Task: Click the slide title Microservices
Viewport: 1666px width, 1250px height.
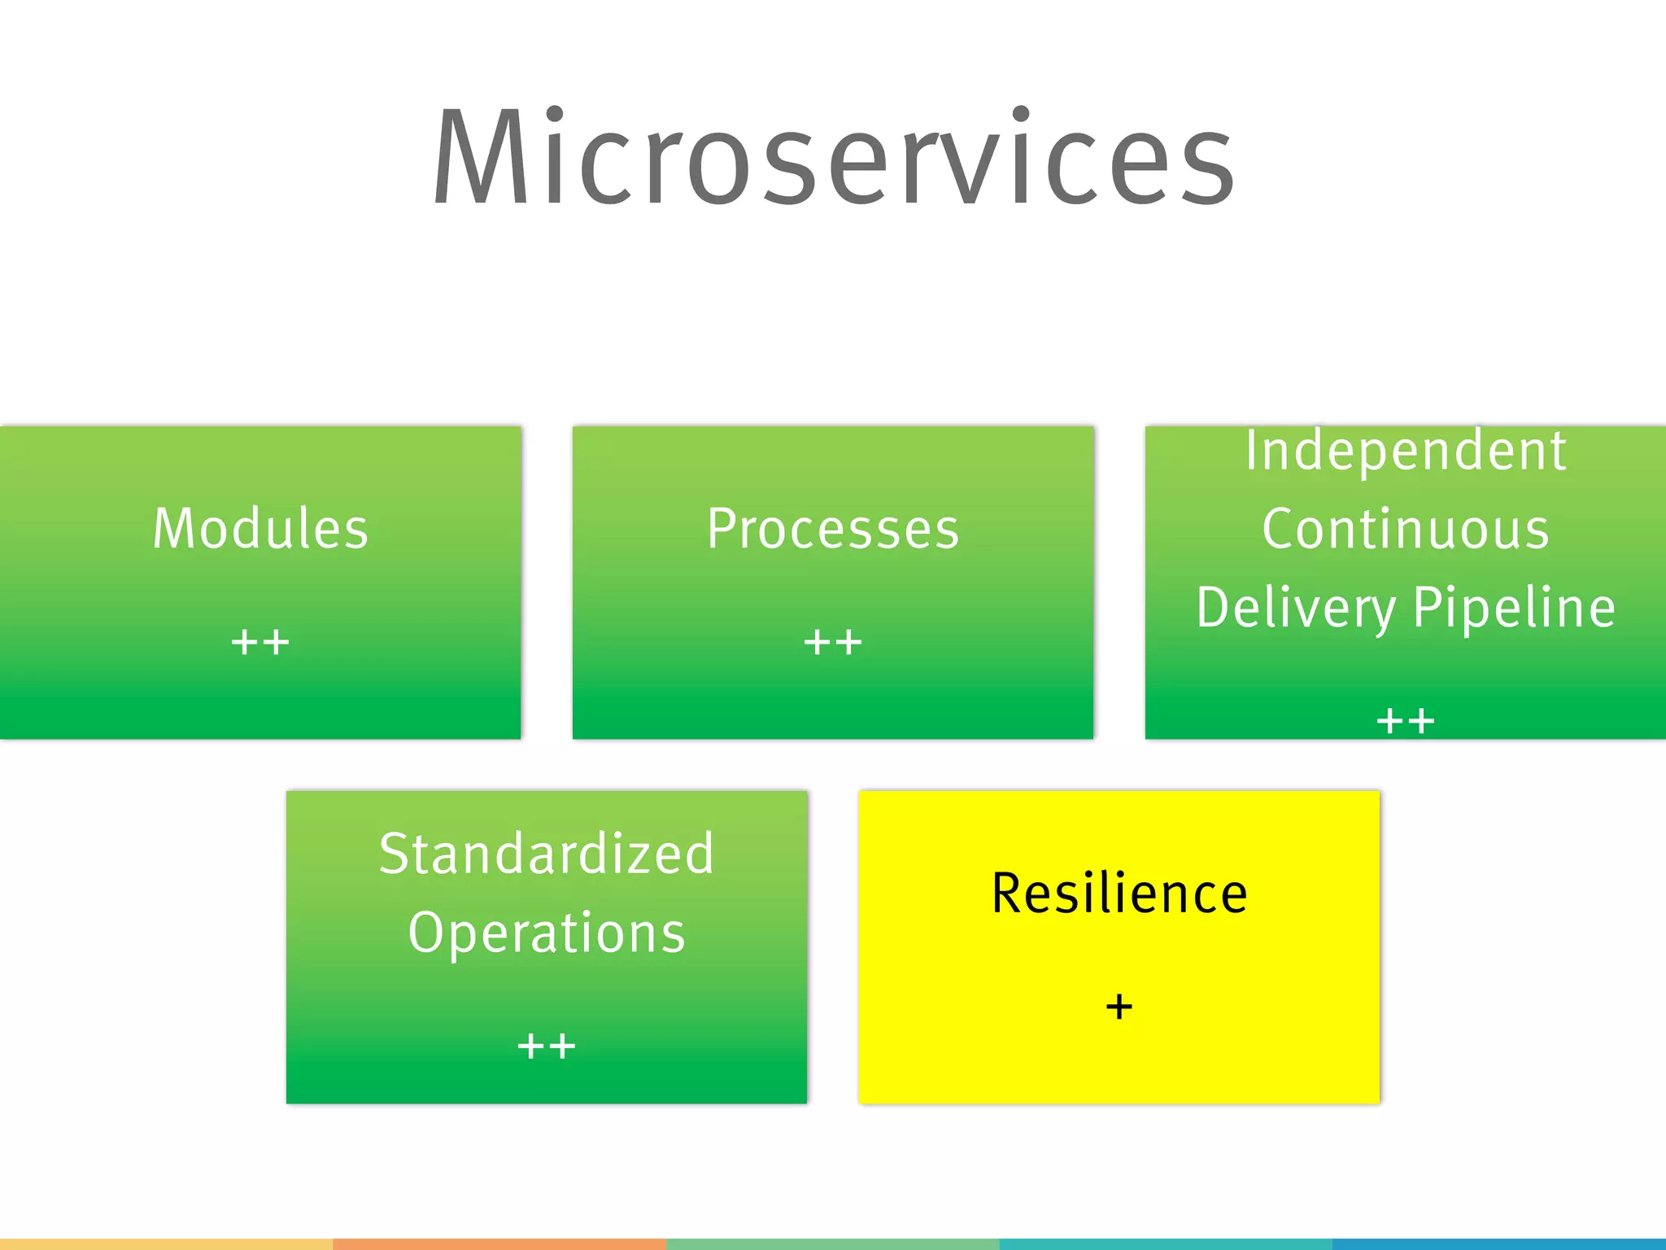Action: (x=833, y=159)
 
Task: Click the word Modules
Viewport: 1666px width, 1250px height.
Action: (x=260, y=529)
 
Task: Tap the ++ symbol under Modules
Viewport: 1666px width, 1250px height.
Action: (x=260, y=642)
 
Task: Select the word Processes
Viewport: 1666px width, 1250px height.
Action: (x=833, y=529)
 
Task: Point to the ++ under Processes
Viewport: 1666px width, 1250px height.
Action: (x=833, y=642)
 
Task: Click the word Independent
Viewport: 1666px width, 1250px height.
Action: (x=1406, y=451)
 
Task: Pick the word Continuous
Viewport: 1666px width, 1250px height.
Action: (x=1406, y=529)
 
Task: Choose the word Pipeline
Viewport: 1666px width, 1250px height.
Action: (x=1514, y=608)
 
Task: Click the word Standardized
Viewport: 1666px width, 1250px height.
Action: (x=547, y=854)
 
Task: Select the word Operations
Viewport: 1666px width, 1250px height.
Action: (x=547, y=933)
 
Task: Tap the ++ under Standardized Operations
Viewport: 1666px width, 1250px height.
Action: (x=547, y=1046)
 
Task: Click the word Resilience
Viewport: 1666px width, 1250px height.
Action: (x=1119, y=894)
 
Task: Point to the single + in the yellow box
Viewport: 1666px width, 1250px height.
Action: (x=1119, y=1007)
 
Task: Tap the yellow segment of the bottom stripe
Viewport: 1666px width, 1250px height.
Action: (x=166, y=1244)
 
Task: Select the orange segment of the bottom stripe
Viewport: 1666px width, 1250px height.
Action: (x=499, y=1244)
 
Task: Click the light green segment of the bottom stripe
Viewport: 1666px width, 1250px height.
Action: (x=833, y=1244)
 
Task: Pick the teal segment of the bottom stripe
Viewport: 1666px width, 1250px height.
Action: (x=1165, y=1244)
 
